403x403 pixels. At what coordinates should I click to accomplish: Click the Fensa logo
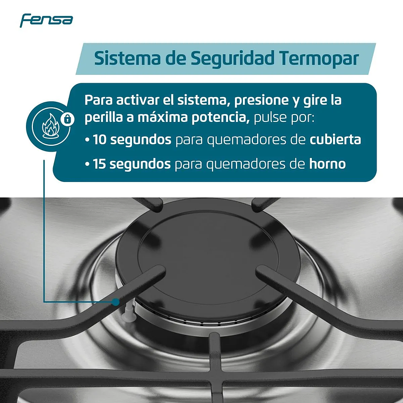pyautogui.click(x=46, y=21)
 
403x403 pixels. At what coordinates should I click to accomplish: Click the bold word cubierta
pyautogui.click(x=336, y=140)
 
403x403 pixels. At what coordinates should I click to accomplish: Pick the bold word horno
pyautogui.click(x=327, y=164)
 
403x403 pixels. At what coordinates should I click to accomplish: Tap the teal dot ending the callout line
pyautogui.click(x=115, y=302)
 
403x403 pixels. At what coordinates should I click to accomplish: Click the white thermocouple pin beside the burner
pyautogui.click(x=127, y=316)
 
